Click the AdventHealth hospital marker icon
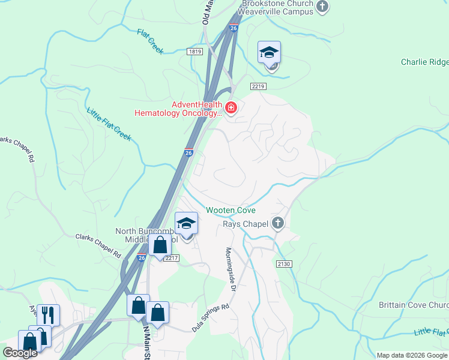(231, 109)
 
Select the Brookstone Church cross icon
(323, 7)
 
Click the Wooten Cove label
(231, 211)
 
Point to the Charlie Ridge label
(424, 62)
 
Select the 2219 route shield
(259, 87)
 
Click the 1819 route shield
(194, 52)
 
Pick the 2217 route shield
(171, 258)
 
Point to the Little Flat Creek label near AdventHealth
(109, 124)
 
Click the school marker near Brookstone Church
(270, 53)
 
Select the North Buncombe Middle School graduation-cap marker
(187, 224)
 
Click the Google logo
(20, 353)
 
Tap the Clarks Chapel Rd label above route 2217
(98, 245)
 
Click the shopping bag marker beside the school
(160, 246)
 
